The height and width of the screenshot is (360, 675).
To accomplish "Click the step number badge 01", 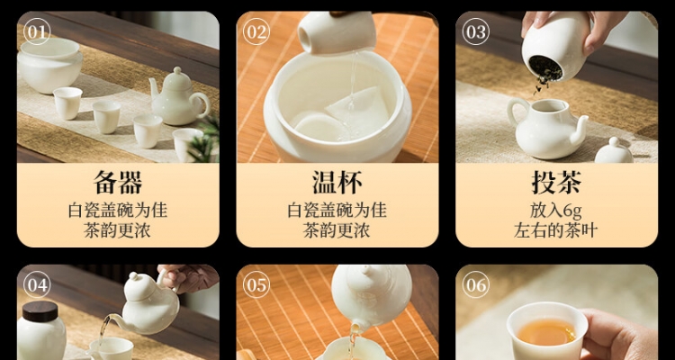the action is click(x=37, y=31).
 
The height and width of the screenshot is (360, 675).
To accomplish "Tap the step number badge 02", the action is click(x=256, y=31).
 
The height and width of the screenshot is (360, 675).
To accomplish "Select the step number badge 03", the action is click(x=476, y=31).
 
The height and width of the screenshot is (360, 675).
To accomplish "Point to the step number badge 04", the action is click(x=37, y=284).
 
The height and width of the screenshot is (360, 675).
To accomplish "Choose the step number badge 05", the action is click(x=256, y=284).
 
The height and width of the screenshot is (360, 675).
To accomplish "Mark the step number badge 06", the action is click(x=476, y=284).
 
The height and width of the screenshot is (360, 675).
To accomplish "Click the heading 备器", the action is click(x=118, y=183).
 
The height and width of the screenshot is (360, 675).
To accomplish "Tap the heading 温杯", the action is click(x=337, y=183).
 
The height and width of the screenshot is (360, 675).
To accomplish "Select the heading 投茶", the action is click(x=556, y=183).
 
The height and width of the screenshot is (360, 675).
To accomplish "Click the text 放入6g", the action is click(x=556, y=211).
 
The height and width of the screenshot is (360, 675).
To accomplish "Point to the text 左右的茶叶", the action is click(x=556, y=230).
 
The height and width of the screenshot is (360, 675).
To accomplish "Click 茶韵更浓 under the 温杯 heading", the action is click(x=337, y=230).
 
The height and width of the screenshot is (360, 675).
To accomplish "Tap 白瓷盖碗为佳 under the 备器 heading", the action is click(x=118, y=211).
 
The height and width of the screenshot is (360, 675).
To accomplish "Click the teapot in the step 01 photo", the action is click(x=179, y=97).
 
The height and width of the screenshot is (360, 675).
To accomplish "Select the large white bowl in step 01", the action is click(x=49, y=66).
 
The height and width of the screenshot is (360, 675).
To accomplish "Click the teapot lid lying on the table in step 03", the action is click(x=614, y=151).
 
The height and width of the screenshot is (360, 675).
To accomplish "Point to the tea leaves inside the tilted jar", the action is click(x=545, y=69).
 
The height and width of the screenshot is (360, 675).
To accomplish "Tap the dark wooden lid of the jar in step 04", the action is click(x=40, y=310).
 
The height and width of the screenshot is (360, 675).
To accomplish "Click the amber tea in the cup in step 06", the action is click(x=546, y=332).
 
